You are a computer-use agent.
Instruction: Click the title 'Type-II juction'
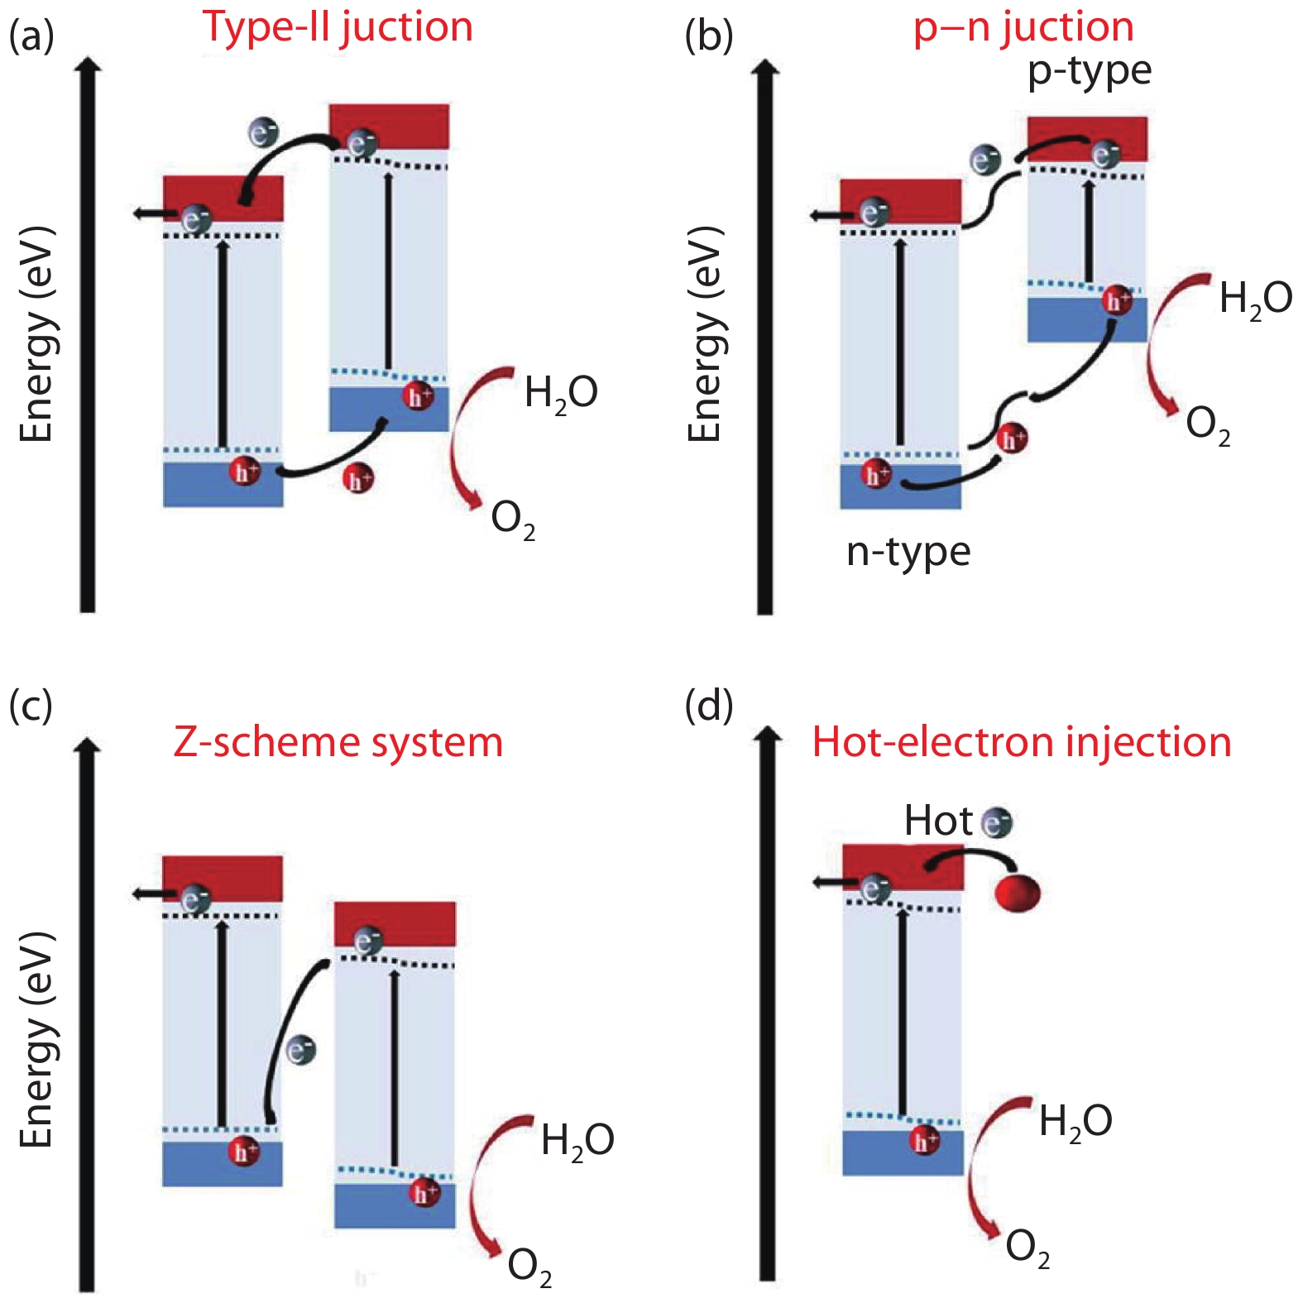[338, 27]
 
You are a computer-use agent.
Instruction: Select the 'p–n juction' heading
[1023, 27]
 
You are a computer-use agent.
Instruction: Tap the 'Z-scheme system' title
[338, 742]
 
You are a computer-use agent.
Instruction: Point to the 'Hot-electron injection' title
[1022, 742]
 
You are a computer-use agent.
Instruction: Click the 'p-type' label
[1089, 73]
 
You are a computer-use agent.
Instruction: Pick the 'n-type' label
[908, 553]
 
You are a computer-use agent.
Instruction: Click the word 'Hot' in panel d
[937, 821]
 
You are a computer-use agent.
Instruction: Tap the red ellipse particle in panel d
[1018, 893]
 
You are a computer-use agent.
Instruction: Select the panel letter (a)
[31, 36]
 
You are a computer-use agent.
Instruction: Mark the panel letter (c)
[31, 706]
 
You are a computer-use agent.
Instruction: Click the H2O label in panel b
[1255, 299]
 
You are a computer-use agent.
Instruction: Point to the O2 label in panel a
[513, 520]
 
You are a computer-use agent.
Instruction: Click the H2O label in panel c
[577, 1141]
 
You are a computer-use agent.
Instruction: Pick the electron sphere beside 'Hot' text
[996, 822]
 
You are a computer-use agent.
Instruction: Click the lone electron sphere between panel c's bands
[301, 1051]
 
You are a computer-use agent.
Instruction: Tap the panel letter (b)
[709, 36]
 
